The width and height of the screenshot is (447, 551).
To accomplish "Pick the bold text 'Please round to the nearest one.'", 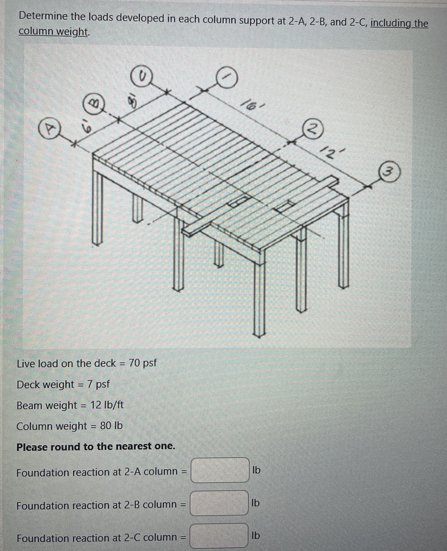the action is [96, 447].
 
